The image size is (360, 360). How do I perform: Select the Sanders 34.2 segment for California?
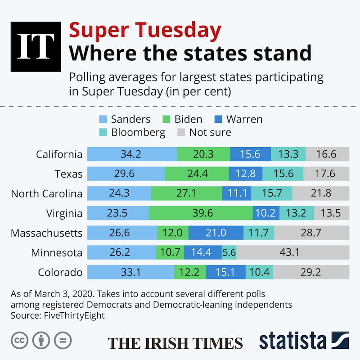[131, 154]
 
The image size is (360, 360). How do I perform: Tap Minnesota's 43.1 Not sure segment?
[293, 252]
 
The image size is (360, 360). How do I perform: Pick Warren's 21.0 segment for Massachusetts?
[216, 233]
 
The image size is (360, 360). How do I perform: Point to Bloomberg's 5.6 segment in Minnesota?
[229, 252]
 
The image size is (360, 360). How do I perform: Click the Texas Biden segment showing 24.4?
[197, 174]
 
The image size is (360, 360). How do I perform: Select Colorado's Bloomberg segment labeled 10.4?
[259, 272]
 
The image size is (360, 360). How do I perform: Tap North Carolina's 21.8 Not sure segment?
[320, 193]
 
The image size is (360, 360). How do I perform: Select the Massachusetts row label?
[46, 233]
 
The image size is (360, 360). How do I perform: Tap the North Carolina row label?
[46, 193]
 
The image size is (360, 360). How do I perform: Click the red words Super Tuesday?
[145, 31]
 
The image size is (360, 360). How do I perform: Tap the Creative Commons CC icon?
[20, 341]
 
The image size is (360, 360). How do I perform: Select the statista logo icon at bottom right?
[340, 341]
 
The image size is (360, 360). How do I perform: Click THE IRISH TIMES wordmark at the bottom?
[175, 342]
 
